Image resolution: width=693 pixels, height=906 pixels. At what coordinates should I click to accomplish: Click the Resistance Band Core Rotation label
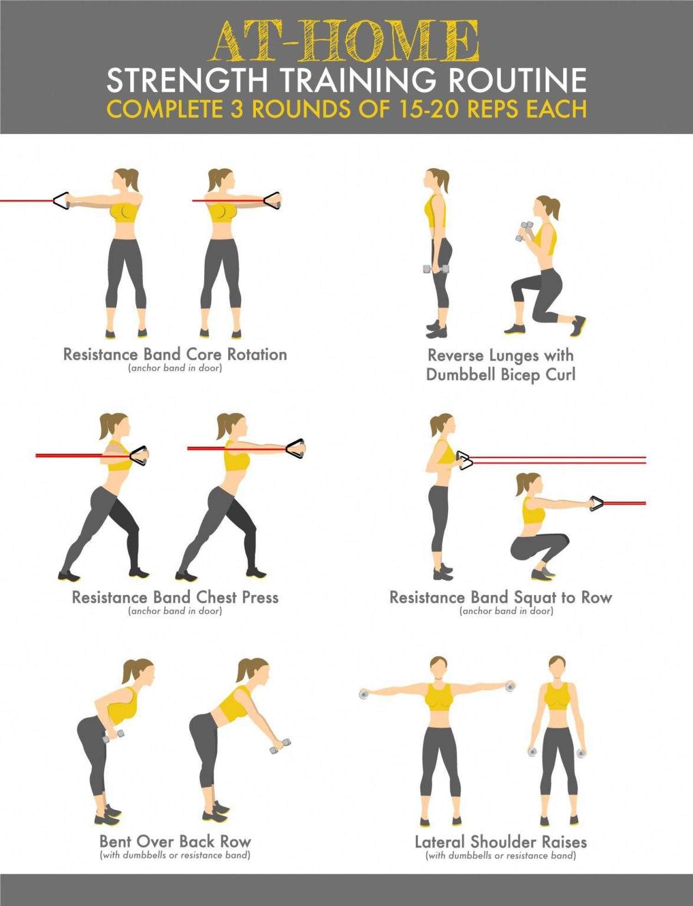point(175,354)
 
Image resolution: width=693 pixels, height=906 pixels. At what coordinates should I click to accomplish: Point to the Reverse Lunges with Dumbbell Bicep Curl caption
point(500,365)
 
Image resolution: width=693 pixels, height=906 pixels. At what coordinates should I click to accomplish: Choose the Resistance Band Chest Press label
point(175,598)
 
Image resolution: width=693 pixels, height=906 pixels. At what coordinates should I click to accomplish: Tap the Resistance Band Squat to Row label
point(501,598)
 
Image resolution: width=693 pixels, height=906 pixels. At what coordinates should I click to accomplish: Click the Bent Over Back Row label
point(175,841)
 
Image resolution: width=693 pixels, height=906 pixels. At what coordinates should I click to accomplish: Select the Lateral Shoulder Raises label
point(501,842)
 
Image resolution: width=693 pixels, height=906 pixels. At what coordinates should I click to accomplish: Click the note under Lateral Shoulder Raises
point(501,855)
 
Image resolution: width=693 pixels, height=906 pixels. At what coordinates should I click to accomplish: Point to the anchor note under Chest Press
point(175,611)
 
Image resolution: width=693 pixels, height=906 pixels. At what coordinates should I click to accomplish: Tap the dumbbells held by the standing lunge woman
point(436,270)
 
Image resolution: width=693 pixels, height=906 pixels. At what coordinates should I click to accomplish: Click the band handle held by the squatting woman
point(596,504)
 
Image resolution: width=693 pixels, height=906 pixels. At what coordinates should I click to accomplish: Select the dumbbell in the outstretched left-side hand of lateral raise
point(364,694)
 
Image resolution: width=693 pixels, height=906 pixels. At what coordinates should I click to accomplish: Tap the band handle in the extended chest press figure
point(295,448)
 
